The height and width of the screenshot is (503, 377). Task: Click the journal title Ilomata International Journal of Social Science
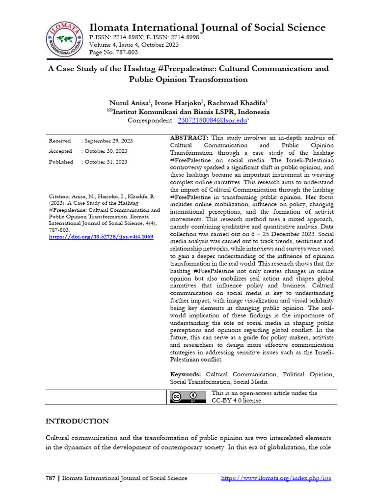(x=207, y=27)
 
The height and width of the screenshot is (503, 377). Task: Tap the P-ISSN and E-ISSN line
(x=144, y=37)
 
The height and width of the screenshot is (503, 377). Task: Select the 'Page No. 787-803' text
(x=113, y=52)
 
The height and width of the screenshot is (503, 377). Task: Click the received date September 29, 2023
(x=107, y=141)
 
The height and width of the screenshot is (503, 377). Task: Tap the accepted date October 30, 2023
(x=104, y=151)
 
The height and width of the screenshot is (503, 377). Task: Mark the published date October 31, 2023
(x=104, y=162)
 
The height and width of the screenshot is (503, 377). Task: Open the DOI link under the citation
(x=101, y=237)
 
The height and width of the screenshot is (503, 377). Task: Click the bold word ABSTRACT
(x=189, y=138)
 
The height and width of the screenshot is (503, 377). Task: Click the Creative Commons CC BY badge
(x=188, y=397)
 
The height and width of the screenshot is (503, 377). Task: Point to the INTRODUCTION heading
(x=77, y=421)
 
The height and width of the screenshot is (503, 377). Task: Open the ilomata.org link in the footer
(x=276, y=478)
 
